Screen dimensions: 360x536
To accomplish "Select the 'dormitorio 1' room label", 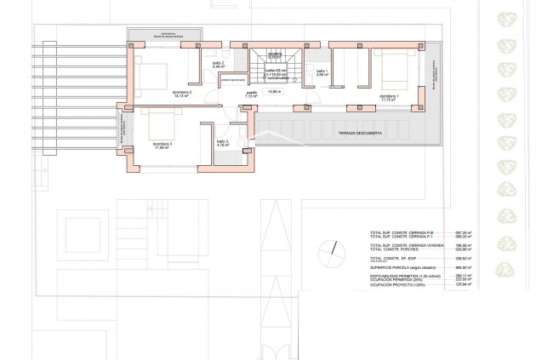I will (391, 96).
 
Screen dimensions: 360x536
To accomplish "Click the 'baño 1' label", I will (322, 71).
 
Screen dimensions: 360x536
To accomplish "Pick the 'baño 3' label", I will (221, 142).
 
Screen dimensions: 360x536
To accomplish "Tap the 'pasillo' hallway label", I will (253, 94).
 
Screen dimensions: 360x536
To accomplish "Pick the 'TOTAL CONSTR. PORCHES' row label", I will (396, 248).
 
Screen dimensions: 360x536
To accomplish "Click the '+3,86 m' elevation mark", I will (273, 91).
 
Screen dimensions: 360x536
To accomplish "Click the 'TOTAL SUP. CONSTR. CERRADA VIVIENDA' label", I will (406, 243).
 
